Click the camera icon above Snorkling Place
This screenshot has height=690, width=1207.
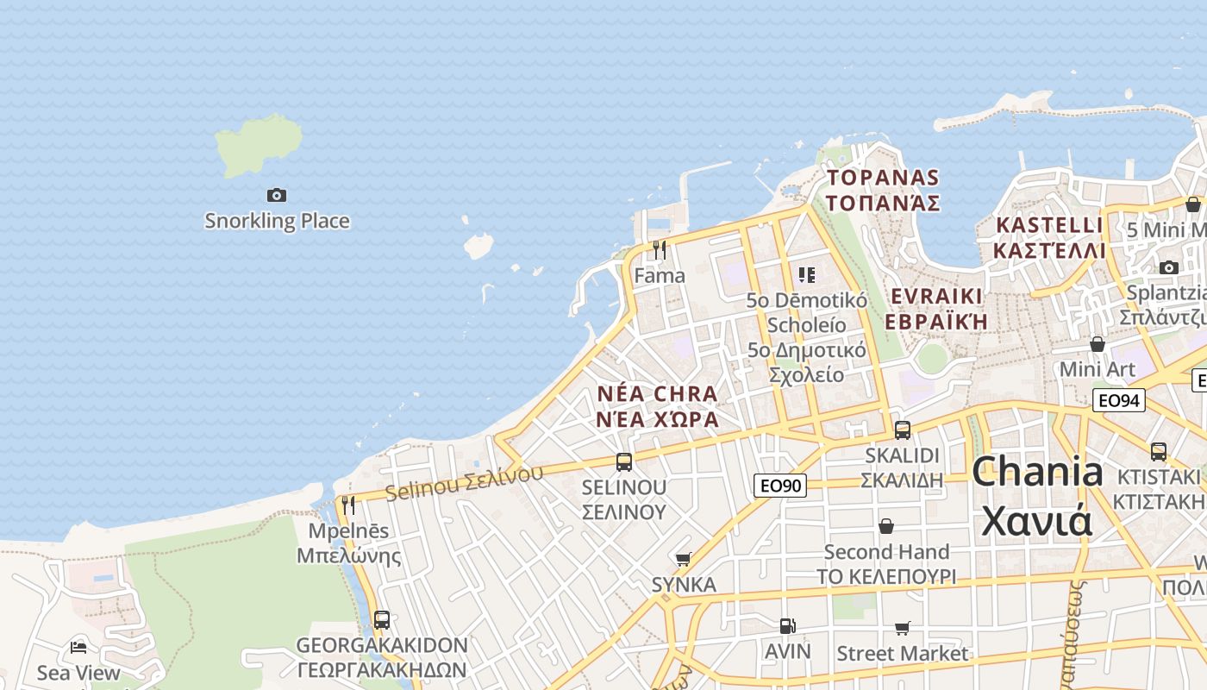pyautogui.click(x=276, y=196)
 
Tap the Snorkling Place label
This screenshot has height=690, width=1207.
pyautogui.click(x=277, y=221)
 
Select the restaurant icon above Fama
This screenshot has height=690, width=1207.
pyautogui.click(x=660, y=250)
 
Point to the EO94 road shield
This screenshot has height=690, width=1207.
pyautogui.click(x=1118, y=400)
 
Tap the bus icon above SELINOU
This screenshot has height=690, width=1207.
pyautogui.click(x=624, y=462)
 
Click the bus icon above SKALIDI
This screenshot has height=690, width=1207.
pyautogui.click(x=902, y=430)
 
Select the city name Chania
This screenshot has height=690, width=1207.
pyautogui.click(x=1037, y=473)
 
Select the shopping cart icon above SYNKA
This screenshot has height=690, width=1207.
pyautogui.click(x=684, y=559)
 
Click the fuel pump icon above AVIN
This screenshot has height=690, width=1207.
pyautogui.click(x=787, y=625)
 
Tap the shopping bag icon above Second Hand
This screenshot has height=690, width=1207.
pyautogui.click(x=885, y=526)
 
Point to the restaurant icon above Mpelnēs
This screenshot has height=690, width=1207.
pyautogui.click(x=348, y=505)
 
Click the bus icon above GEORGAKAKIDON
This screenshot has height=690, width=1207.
pyautogui.click(x=381, y=620)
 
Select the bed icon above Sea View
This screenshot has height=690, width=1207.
pyautogui.click(x=78, y=647)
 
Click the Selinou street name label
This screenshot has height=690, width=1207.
pyautogui.click(x=464, y=482)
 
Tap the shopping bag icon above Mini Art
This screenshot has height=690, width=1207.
pyautogui.click(x=1097, y=344)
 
